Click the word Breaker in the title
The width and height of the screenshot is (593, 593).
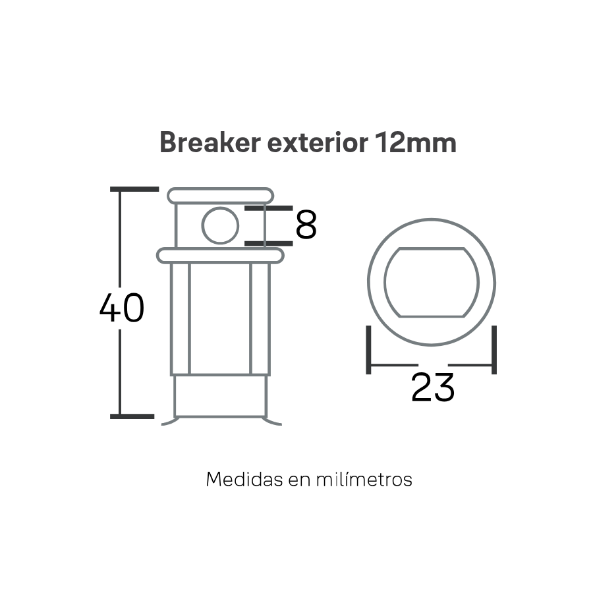click(210, 142)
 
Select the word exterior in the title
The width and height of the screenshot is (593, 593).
click(318, 142)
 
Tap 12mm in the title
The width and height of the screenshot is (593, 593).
click(416, 142)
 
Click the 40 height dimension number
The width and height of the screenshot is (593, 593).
click(122, 308)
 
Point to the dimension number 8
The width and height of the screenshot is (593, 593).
click(306, 225)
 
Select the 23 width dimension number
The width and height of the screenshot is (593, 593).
click(433, 387)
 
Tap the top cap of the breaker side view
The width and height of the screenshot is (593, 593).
click(221, 196)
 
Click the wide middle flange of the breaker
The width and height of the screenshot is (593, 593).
click(220, 256)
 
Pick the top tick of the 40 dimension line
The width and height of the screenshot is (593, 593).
click(134, 189)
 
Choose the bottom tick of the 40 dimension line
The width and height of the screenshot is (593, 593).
click(132, 416)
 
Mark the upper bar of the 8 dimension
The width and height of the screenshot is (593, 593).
click(269, 208)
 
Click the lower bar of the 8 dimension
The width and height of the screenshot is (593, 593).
click(269, 243)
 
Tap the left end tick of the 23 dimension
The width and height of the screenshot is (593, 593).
click(368, 350)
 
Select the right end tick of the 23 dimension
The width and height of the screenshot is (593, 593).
click(494, 350)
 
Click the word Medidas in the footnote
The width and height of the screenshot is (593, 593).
click(244, 480)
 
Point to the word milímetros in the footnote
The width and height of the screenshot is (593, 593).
click(364, 479)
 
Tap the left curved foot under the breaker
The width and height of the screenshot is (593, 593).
click(169, 422)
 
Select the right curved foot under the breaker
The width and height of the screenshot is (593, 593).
click(272, 422)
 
